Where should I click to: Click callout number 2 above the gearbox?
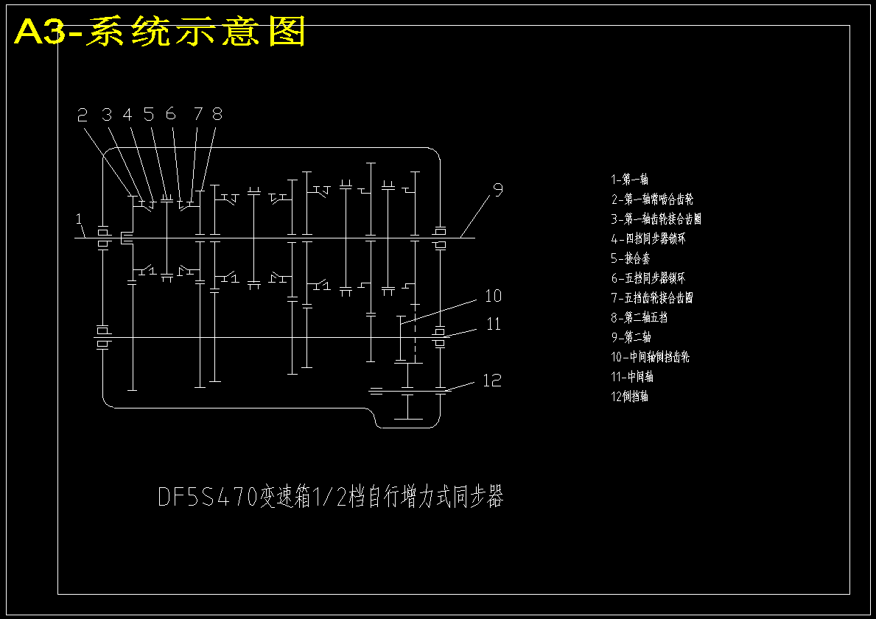[83, 114]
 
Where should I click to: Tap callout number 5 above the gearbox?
[149, 114]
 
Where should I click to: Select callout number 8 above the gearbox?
[217, 114]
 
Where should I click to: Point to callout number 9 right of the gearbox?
[498, 190]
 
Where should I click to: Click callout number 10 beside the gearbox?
[493, 296]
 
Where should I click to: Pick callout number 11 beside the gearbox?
[493, 324]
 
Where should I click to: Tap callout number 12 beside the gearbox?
[491, 381]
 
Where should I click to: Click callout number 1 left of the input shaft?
[79, 219]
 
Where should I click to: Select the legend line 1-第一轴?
[629, 179]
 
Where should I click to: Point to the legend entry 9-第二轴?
[631, 337]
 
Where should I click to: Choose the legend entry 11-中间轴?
[632, 377]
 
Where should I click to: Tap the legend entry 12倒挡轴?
[629, 396]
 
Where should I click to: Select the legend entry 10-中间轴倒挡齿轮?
[650, 357]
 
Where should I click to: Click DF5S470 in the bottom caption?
[207, 498]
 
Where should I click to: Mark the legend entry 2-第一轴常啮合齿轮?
[651, 199]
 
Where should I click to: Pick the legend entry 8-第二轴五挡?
[639, 317]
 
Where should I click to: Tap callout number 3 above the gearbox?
[108, 114]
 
